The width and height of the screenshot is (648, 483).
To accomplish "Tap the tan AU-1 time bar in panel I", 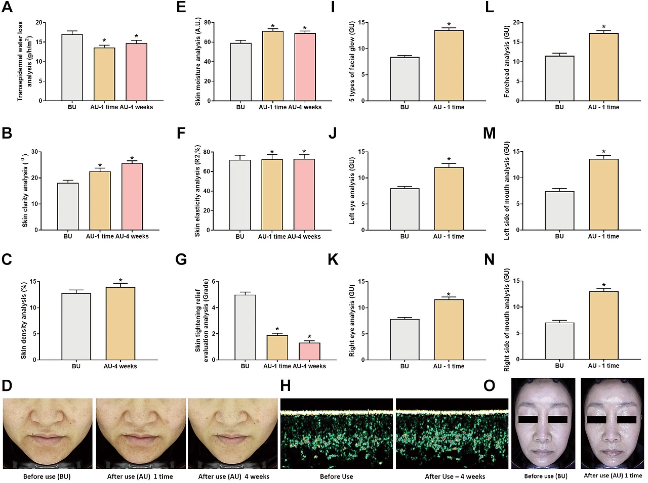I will tap(449, 66).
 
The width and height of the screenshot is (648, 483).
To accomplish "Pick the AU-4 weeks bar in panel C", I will tap(120, 324).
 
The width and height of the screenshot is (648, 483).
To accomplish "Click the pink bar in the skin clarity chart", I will tap(132, 197).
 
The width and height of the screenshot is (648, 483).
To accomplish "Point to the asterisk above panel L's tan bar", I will tap(603, 27).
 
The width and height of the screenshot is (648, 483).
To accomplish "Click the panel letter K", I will tap(333, 259).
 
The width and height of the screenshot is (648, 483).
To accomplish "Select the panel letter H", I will tap(286, 386).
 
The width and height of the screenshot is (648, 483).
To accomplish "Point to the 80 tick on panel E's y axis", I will tap(208, 23).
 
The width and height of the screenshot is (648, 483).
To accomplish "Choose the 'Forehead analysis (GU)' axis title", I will tap(506, 62).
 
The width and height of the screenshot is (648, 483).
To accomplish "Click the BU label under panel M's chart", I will tap(559, 236).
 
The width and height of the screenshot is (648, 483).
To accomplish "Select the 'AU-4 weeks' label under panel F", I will tap(304, 236).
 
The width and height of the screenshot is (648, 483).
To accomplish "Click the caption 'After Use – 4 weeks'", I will tap(455, 476).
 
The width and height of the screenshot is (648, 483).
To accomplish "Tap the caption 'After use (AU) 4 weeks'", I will tap(233, 476).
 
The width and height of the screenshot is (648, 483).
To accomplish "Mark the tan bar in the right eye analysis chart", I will tap(449, 330).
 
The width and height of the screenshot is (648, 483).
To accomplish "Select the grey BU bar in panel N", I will tap(559, 341).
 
